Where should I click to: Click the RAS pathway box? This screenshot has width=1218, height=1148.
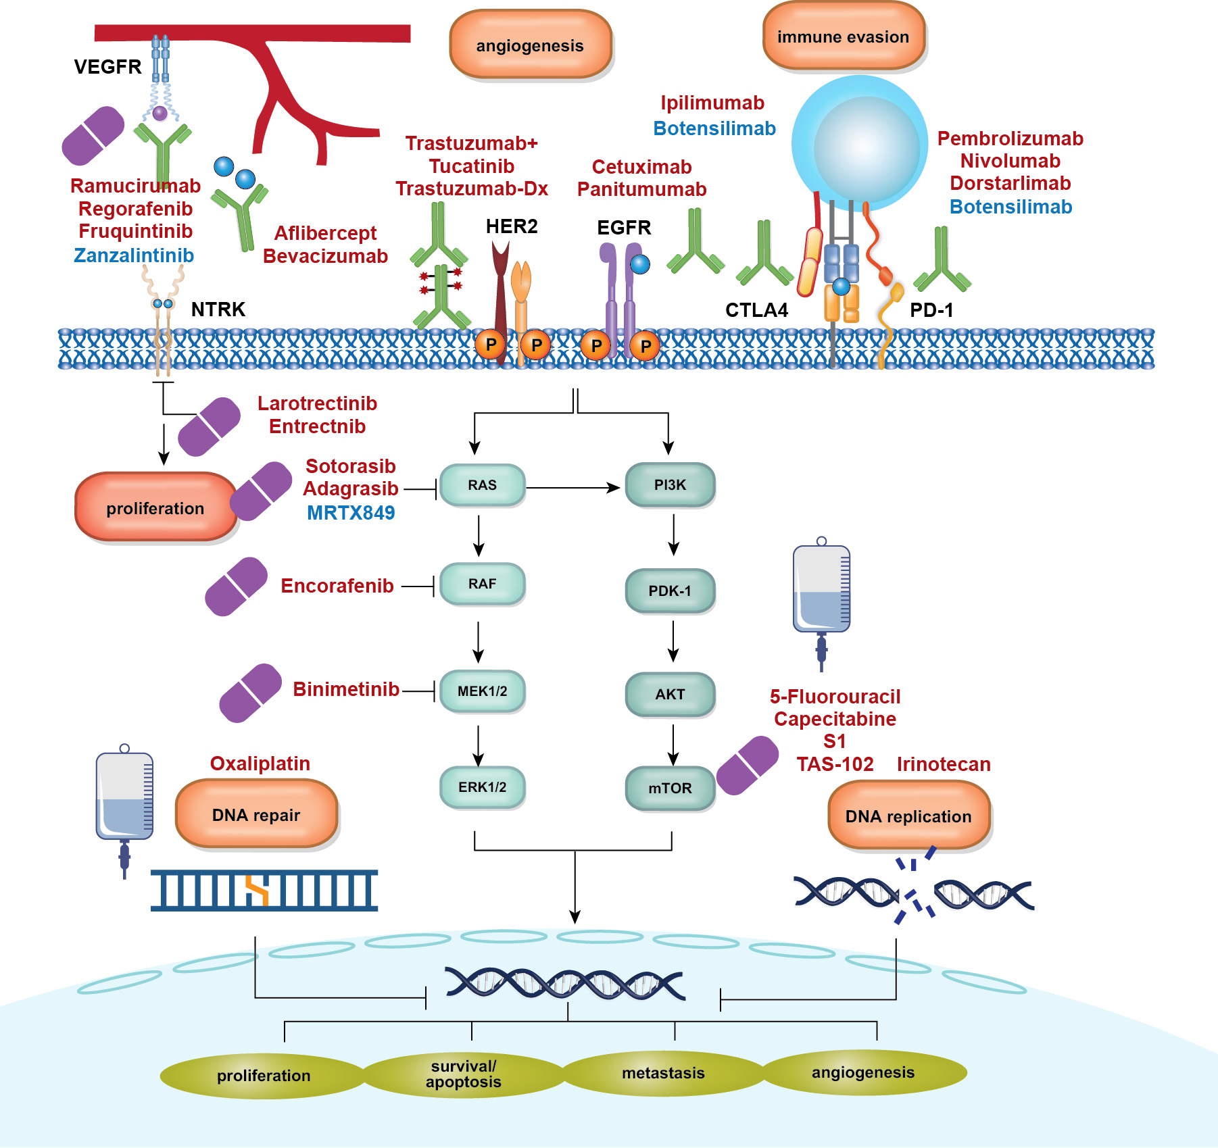(x=482, y=485)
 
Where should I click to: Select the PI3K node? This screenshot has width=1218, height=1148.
(x=670, y=485)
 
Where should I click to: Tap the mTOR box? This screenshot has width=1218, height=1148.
(x=670, y=788)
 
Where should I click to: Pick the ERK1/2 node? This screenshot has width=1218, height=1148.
(x=482, y=787)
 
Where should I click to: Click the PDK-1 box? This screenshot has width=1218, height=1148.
(x=670, y=591)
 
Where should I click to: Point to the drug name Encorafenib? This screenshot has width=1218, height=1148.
(x=337, y=586)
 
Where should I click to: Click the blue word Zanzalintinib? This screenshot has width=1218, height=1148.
(x=134, y=255)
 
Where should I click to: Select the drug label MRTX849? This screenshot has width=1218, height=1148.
(x=351, y=513)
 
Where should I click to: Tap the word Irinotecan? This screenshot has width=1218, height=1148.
(x=944, y=764)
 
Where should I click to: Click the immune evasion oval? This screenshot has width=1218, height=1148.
(x=843, y=37)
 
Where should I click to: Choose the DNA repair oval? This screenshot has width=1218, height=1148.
(x=256, y=815)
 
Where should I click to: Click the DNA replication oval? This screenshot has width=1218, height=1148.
(x=908, y=816)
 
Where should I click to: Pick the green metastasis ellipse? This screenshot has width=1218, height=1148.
(x=663, y=1073)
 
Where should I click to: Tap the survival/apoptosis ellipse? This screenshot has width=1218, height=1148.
(x=464, y=1074)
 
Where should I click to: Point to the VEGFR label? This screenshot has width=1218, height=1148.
(x=108, y=67)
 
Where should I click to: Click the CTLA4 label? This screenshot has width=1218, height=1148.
(x=756, y=310)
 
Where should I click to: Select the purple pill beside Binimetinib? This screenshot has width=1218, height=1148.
(x=251, y=693)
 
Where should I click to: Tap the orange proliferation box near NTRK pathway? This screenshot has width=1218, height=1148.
(x=155, y=508)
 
